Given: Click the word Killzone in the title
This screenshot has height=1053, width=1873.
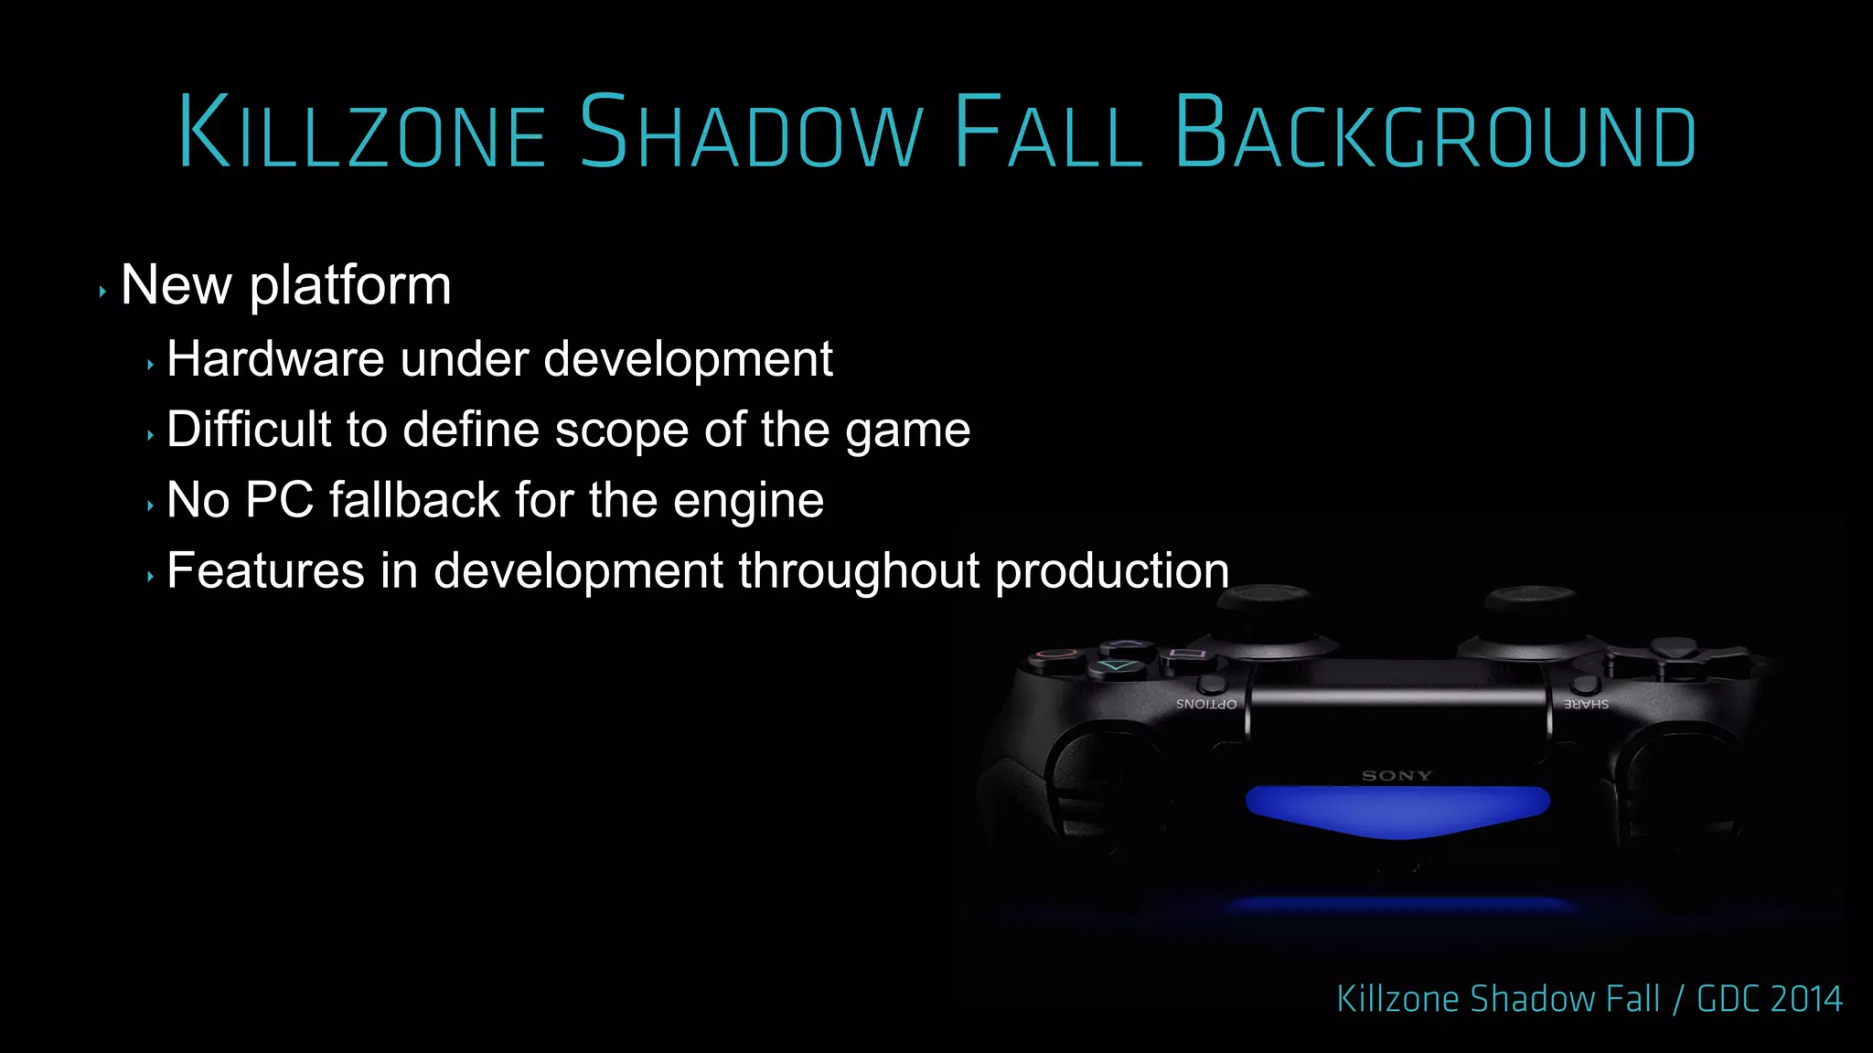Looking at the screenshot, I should pos(362,133).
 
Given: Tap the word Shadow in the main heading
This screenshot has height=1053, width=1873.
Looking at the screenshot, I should pos(751,133).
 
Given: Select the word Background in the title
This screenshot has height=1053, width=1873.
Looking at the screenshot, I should pos(1435,133).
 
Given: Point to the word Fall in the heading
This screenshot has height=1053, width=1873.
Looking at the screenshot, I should pos(1047,133).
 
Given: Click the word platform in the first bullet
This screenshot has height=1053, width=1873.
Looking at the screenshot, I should pos(350,286).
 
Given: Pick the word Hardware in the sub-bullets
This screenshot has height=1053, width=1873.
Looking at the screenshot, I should pos(275,358).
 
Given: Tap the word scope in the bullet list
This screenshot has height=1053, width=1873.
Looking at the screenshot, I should pos(621,430).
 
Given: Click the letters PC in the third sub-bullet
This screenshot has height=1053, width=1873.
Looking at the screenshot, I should pos(279,500).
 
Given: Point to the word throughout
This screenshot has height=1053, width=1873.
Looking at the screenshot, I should pos(859,571).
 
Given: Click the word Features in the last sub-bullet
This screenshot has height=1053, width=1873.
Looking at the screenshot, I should pos(266,571).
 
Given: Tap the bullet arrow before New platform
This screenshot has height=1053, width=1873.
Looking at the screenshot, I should pos(102,292).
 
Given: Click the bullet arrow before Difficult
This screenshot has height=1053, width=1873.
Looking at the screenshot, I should pos(150,436).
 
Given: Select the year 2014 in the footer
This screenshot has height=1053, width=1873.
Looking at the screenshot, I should pos(1805,999).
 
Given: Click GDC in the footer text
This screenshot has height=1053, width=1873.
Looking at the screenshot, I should pos(1729,999).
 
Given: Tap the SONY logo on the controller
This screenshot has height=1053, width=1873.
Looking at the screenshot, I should pos(1397,776).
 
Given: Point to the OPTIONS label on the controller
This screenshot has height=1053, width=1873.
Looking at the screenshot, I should pos(1206,704).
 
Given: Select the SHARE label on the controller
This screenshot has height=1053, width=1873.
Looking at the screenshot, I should pos(1586,704).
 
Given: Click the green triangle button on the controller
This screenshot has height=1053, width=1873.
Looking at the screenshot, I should pos(1117,666).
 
